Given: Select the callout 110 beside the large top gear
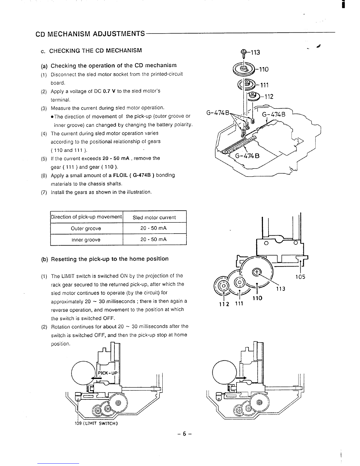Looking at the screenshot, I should pyautogui.click(x=262, y=69).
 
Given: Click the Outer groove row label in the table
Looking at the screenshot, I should pyautogui.click(x=86, y=229).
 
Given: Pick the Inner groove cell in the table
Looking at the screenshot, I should pyautogui.click(x=86, y=240).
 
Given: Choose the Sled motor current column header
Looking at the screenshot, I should pyautogui.click(x=154, y=218).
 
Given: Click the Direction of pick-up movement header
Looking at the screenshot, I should pyautogui.click(x=86, y=217).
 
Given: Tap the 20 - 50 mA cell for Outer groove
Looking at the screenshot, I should pyautogui.click(x=154, y=229).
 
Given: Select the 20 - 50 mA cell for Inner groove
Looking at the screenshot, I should pyautogui.click(x=154, y=239).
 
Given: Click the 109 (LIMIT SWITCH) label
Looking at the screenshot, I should pyautogui.click(x=96, y=424).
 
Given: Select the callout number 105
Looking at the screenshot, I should pyautogui.click(x=300, y=277).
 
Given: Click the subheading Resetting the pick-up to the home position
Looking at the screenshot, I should pyautogui.click(x=110, y=259).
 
